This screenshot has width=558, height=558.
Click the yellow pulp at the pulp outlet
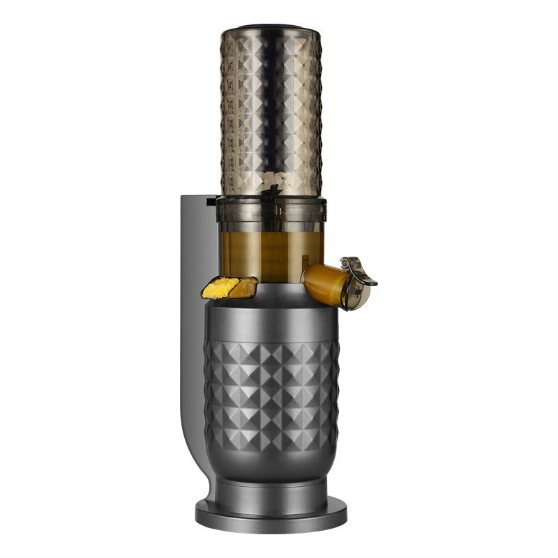pyautogui.click(x=218, y=288)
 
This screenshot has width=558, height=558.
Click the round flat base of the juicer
pyautogui.click(x=271, y=515)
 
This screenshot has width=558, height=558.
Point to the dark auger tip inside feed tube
pyautogui.click(x=273, y=189)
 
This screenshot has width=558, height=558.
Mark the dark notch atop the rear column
pyautogui.click(x=211, y=202)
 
